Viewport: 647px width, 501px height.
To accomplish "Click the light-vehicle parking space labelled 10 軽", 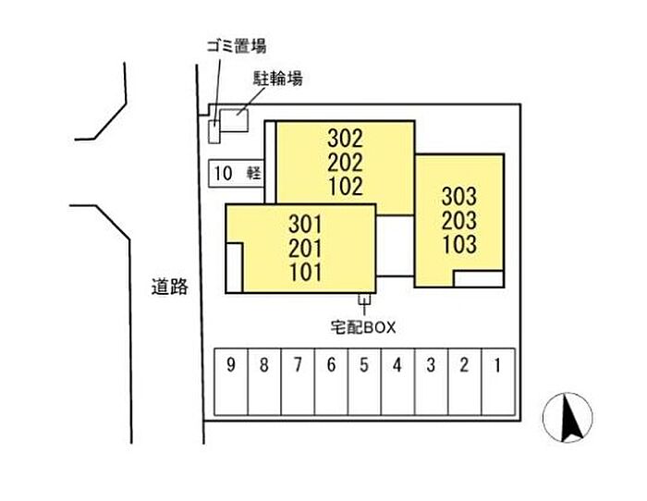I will (236, 173).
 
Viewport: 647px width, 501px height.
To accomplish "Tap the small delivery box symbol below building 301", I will (363, 299).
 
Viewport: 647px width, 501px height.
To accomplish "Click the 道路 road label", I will (170, 287).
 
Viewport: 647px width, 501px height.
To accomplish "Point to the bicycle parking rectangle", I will (235, 120).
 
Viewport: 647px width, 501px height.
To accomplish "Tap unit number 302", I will (346, 139).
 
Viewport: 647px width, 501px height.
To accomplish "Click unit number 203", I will (459, 221).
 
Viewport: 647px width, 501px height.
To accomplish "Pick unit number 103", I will (459, 245).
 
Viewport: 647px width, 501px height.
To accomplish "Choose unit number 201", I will (306, 248).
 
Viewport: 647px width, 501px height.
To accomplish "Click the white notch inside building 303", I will (478, 278).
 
